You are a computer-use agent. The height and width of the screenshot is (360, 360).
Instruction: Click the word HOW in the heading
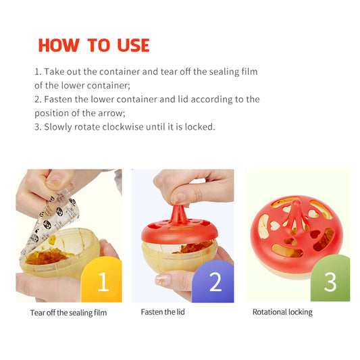59,45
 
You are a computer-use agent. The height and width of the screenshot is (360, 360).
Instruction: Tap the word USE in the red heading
133,45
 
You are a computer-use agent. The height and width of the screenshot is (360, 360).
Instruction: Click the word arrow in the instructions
111,113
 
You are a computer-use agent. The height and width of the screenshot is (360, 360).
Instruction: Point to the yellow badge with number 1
102,280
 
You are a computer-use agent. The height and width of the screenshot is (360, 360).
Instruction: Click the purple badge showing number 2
213,281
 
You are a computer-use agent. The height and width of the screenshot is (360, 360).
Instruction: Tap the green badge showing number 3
330,278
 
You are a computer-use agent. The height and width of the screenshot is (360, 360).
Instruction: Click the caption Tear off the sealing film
68,313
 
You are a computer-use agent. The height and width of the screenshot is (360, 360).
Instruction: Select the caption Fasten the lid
163,312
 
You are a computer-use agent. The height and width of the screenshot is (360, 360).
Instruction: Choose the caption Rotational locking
282,312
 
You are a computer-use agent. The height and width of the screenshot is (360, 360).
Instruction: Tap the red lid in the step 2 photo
180,228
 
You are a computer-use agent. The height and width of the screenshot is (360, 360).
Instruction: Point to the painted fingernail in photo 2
162,280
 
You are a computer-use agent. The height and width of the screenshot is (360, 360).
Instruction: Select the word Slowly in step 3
58,127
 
